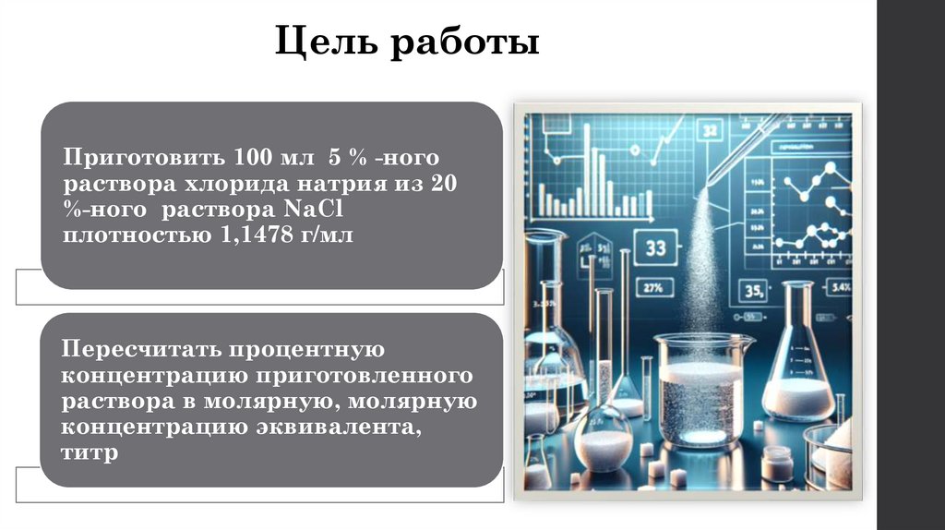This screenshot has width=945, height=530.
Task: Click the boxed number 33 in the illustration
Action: click(656, 247)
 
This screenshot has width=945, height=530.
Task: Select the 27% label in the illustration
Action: click(652, 286)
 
